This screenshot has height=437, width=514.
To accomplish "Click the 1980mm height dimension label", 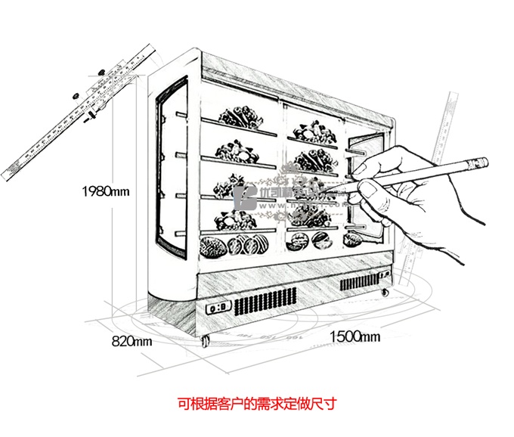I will click(x=107, y=191).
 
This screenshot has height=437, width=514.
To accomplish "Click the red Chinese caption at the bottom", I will click(x=256, y=404).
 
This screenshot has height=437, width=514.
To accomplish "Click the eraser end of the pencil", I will click(x=481, y=161).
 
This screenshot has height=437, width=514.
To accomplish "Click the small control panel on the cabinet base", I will click(x=218, y=308).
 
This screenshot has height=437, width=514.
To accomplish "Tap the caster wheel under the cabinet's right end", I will click(x=385, y=291).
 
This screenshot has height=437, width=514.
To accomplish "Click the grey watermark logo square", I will click(x=247, y=199).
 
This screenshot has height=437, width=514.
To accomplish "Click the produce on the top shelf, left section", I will click(x=240, y=117).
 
